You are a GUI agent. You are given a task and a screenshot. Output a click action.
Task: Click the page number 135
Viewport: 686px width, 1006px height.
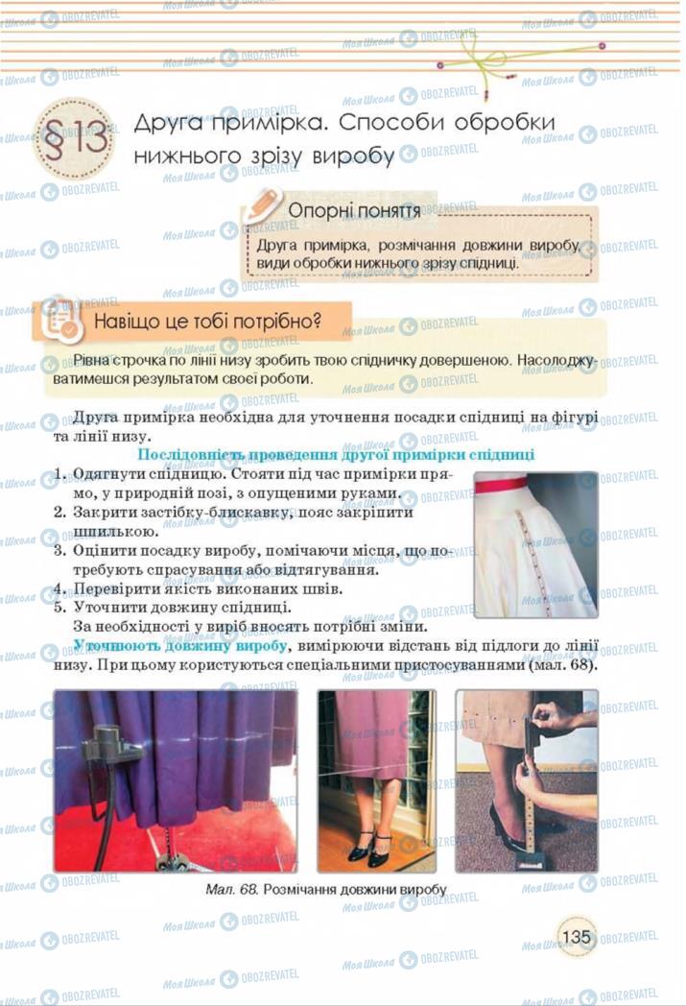pos(576,936)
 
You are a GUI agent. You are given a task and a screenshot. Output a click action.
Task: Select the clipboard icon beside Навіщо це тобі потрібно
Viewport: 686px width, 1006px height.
pos(58,322)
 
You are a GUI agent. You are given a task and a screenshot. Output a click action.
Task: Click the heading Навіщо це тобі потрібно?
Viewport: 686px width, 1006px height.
pos(205,322)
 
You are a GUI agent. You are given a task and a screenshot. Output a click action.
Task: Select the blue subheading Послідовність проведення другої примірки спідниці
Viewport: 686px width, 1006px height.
pos(337,455)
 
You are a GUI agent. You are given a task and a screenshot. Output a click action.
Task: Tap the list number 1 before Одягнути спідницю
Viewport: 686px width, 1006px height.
pos(58,475)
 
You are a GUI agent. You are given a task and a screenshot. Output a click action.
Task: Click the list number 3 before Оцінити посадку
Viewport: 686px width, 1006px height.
pos(58,551)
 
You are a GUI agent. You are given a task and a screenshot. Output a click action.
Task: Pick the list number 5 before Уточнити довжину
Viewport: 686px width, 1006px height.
pos(58,608)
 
